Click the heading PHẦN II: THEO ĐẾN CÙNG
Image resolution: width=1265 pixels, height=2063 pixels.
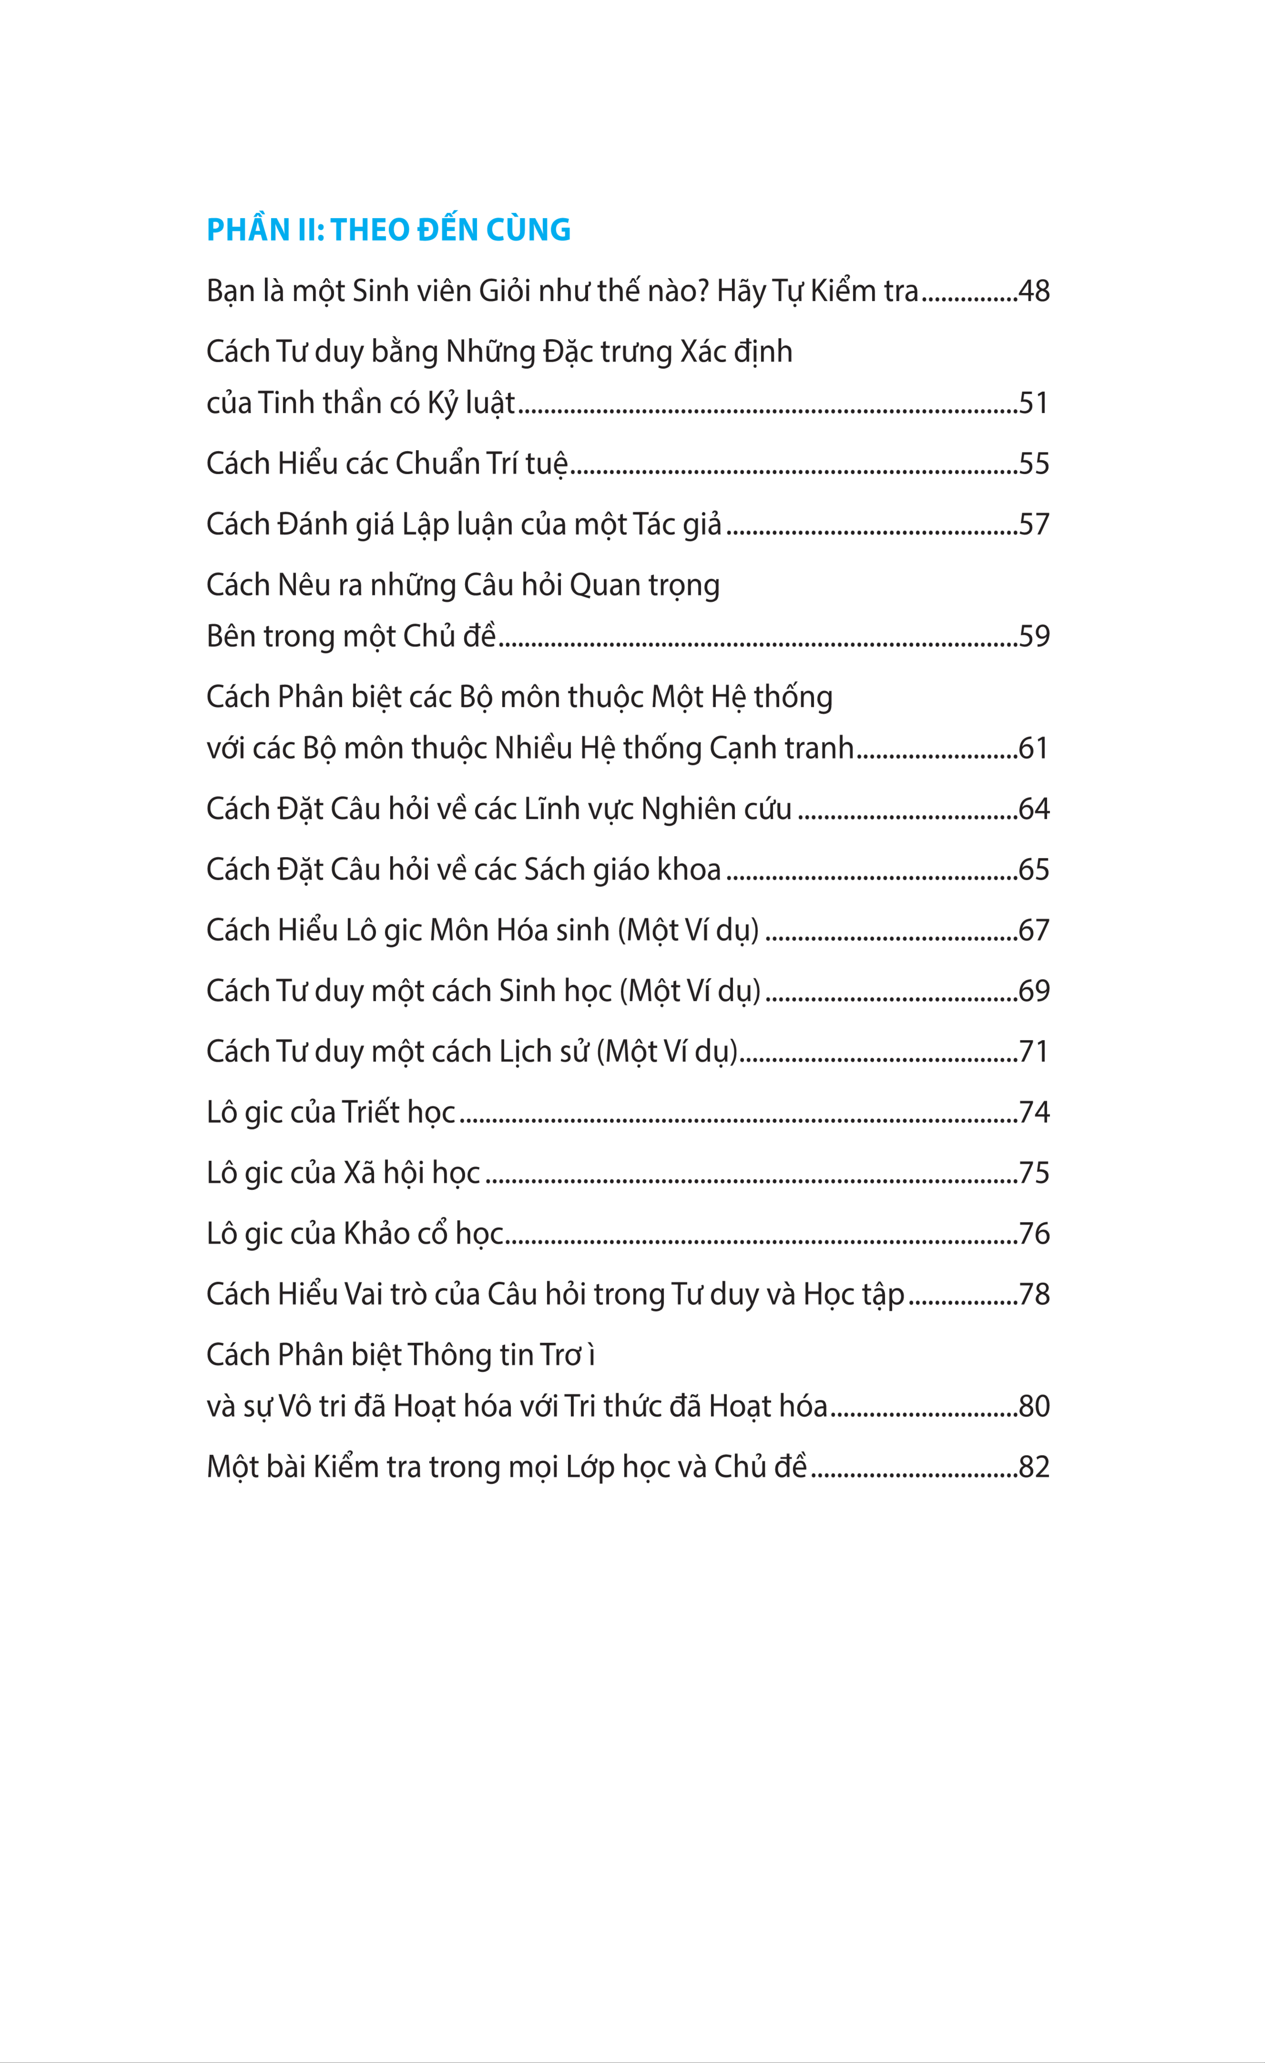(388, 229)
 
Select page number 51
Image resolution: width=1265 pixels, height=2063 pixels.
(1033, 404)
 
